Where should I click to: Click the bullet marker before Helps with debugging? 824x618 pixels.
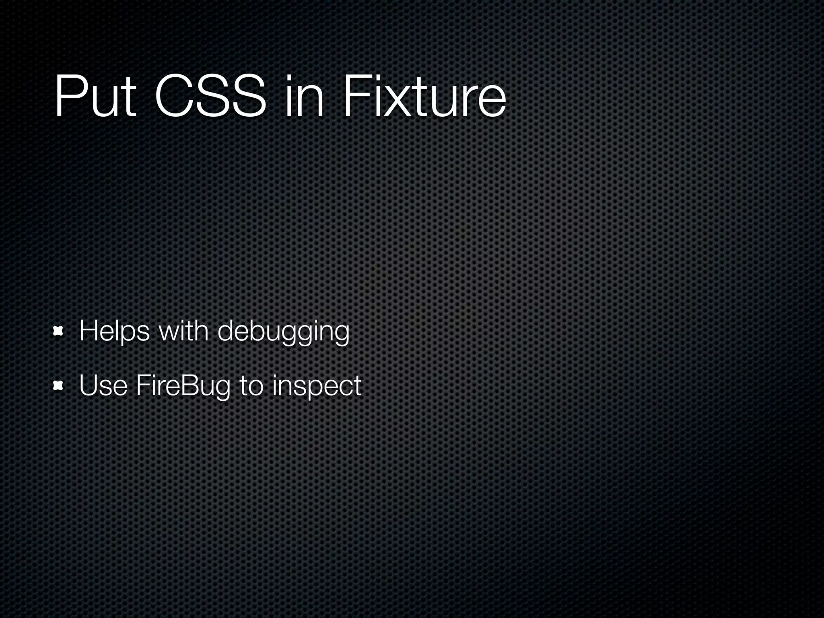59,332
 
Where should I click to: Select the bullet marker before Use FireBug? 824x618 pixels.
59,387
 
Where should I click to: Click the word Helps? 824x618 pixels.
114,332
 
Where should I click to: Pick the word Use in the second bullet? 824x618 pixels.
103,386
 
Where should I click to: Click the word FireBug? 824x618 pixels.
183,387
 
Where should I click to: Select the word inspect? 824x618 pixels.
317,387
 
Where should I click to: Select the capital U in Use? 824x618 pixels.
89,385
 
